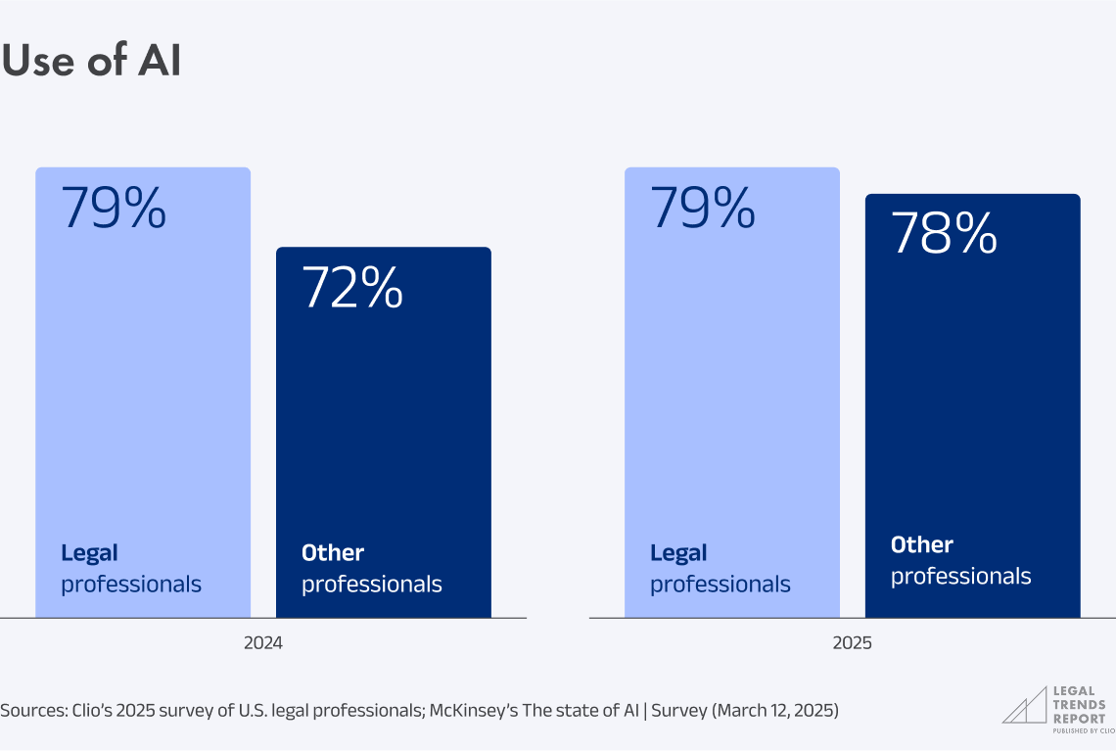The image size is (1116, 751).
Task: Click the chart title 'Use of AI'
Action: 91,62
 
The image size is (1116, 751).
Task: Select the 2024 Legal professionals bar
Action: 143,392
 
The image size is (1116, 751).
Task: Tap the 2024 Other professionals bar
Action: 384,431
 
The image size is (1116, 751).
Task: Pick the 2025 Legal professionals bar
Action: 732,392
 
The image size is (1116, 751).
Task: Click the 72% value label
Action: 352,288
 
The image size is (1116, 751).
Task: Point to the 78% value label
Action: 944,234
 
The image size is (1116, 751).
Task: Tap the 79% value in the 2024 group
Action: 114,208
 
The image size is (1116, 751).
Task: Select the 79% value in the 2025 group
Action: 703,208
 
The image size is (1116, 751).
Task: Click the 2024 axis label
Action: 263,644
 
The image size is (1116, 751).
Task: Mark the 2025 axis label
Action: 852,644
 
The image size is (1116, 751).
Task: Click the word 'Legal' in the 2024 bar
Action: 89,553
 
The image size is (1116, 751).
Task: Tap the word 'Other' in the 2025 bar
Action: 921,545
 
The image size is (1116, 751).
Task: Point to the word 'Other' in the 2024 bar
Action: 333,553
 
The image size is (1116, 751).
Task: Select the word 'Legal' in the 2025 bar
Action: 678,553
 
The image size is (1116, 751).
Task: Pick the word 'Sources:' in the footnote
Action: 32,711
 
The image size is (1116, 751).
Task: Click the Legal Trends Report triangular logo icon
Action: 1022,706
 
